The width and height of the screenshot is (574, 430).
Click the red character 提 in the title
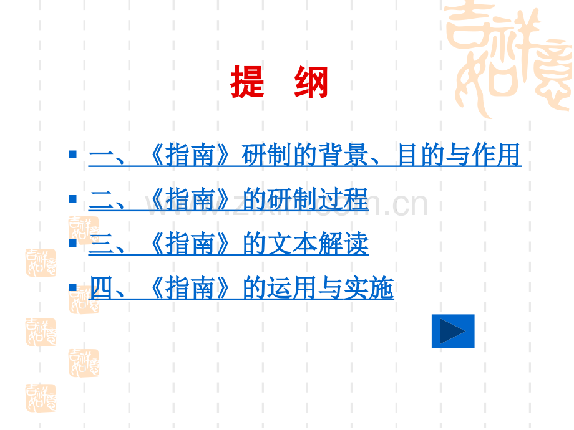(248, 82)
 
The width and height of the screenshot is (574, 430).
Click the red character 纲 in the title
(311, 82)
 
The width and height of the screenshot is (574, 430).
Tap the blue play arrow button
(453, 331)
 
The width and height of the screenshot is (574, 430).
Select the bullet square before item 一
(72, 154)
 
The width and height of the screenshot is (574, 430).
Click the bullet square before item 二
(72, 199)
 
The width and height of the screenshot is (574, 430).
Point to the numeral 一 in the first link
(100, 155)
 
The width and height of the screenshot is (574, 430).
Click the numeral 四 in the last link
(101, 288)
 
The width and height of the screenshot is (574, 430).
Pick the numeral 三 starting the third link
(100, 244)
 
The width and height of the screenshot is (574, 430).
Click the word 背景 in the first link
(343, 155)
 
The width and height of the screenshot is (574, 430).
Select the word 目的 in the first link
(422, 155)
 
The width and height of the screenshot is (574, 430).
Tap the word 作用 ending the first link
(496, 155)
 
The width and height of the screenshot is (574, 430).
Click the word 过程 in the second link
(343, 199)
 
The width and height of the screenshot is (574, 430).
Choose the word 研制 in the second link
(293, 199)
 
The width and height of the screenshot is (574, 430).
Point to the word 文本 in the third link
(293, 244)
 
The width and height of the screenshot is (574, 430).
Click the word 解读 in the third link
(343, 244)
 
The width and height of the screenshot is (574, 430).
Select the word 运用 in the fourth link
(293, 288)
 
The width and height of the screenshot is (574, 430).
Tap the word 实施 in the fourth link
(369, 288)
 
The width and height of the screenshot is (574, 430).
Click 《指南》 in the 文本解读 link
(190, 244)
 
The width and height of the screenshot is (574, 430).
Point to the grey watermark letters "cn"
(410, 204)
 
